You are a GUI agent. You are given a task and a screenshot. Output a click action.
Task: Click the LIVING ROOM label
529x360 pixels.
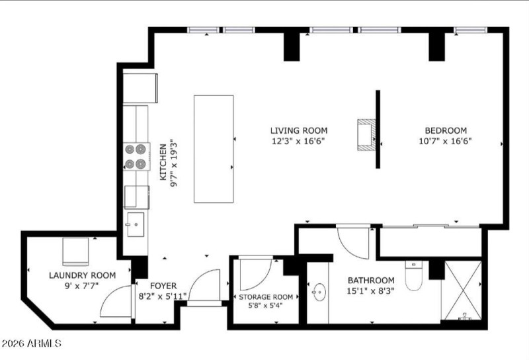coord(298,130)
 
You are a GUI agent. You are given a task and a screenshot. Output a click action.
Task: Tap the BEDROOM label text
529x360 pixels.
coord(445,130)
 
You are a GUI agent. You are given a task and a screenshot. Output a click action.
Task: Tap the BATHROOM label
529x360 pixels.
coord(371,280)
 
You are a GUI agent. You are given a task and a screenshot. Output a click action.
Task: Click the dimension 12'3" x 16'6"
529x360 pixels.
coord(298,140)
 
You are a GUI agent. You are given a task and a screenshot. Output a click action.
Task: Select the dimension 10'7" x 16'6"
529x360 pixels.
coord(445,140)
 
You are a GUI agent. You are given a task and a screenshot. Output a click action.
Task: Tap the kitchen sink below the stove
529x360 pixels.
coord(136,224)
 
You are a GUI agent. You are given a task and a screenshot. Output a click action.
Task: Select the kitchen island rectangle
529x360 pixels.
coord(213,148)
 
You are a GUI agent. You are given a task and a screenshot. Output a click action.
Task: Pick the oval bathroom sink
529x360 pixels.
coord(319,291)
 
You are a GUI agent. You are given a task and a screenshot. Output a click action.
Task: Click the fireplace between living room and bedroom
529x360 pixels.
coord(366,136)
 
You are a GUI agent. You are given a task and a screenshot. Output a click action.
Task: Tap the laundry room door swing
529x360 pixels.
coord(116,303)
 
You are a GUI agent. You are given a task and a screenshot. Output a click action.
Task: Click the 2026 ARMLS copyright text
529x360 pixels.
coord(32,343)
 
